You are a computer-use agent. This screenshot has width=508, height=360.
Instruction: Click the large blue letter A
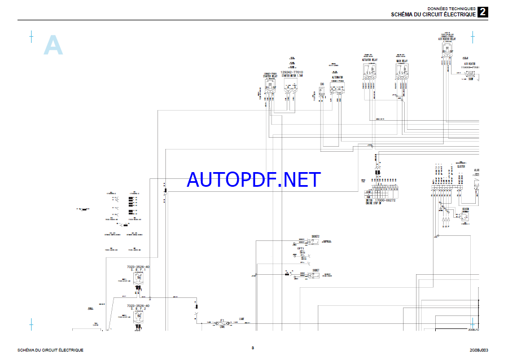(53, 46)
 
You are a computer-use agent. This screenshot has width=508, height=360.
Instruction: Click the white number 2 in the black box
(483, 12)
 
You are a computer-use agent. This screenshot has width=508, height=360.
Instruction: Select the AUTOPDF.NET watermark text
(253, 179)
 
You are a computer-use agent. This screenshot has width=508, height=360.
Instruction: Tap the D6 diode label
(322, 84)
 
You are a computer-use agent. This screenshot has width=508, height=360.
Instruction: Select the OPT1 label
(301, 248)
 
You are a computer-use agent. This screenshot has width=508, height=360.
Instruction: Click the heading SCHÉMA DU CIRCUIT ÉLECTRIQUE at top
(433, 14)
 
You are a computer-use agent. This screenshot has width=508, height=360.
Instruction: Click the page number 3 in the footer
(252, 348)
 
